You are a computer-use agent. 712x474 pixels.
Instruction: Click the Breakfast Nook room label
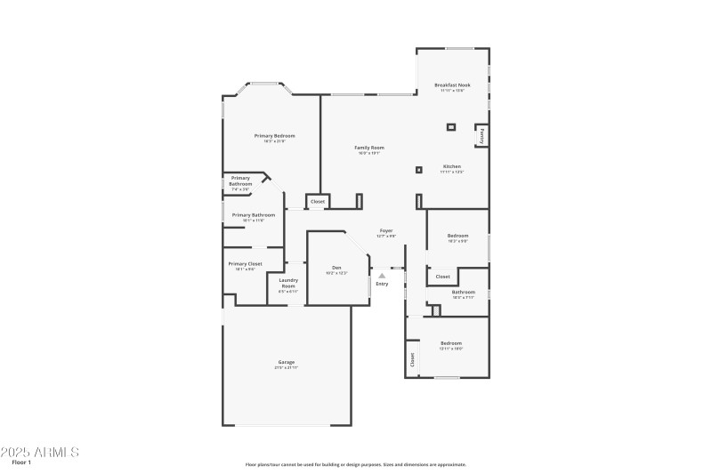pos(452,85)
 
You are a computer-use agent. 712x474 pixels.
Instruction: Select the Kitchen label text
pos(452,167)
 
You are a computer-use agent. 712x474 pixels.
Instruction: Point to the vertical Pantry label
pos(482,136)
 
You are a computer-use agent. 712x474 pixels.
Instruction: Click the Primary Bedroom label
pos(274,136)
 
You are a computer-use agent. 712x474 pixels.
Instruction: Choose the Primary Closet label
pos(245,264)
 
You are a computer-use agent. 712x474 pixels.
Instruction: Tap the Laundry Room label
pos(288,284)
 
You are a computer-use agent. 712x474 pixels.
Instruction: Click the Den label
pos(336,268)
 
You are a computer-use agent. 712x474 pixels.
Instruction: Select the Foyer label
pos(386,231)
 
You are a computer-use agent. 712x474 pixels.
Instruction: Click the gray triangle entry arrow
pos(382,276)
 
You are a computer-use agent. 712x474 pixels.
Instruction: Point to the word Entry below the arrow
pos(382,284)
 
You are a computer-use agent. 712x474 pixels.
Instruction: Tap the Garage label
pos(286,363)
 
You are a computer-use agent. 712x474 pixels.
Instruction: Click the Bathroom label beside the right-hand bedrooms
pos(463,293)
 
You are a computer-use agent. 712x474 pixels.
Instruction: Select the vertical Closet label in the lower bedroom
pos(413,360)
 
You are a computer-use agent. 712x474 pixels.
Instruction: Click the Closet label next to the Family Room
pos(318,203)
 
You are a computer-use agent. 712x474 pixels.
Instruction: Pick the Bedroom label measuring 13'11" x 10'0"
pos(451,344)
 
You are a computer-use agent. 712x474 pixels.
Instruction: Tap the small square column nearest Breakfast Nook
pos(450,127)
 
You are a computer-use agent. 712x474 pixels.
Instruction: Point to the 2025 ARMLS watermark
pos(41,452)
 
